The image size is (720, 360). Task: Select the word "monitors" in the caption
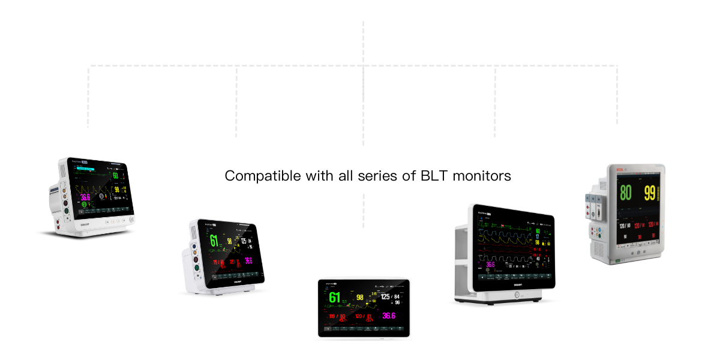(482, 176)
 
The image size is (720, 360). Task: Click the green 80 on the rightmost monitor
(625, 193)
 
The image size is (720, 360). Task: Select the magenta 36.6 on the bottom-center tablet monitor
(388, 316)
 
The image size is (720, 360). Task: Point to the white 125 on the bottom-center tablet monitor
(385, 296)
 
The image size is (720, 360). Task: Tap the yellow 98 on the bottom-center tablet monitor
(360, 297)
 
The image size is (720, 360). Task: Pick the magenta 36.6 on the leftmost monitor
(85, 197)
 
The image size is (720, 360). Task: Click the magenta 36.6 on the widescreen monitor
(490, 264)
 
